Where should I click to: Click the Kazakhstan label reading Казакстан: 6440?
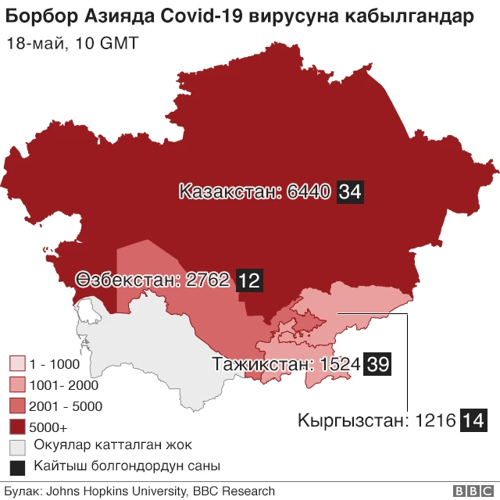pyautogui.click(x=255, y=192)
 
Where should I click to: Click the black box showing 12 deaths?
pyautogui.click(x=248, y=280)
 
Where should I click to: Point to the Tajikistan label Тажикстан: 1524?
pyautogui.click(x=286, y=364)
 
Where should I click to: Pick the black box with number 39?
pyautogui.click(x=377, y=364)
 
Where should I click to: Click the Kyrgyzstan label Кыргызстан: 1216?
pyautogui.click(x=377, y=420)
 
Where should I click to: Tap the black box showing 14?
pyautogui.click(x=473, y=420)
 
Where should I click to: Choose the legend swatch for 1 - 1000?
pyautogui.click(x=17, y=364)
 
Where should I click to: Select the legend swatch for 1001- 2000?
pyautogui.click(x=17, y=385)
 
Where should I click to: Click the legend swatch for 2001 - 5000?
pyautogui.click(x=17, y=406)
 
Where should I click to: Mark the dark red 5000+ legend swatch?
pyautogui.click(x=17, y=427)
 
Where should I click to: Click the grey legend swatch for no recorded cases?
pyautogui.click(x=17, y=448)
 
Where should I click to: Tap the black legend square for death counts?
pyautogui.click(x=17, y=468)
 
